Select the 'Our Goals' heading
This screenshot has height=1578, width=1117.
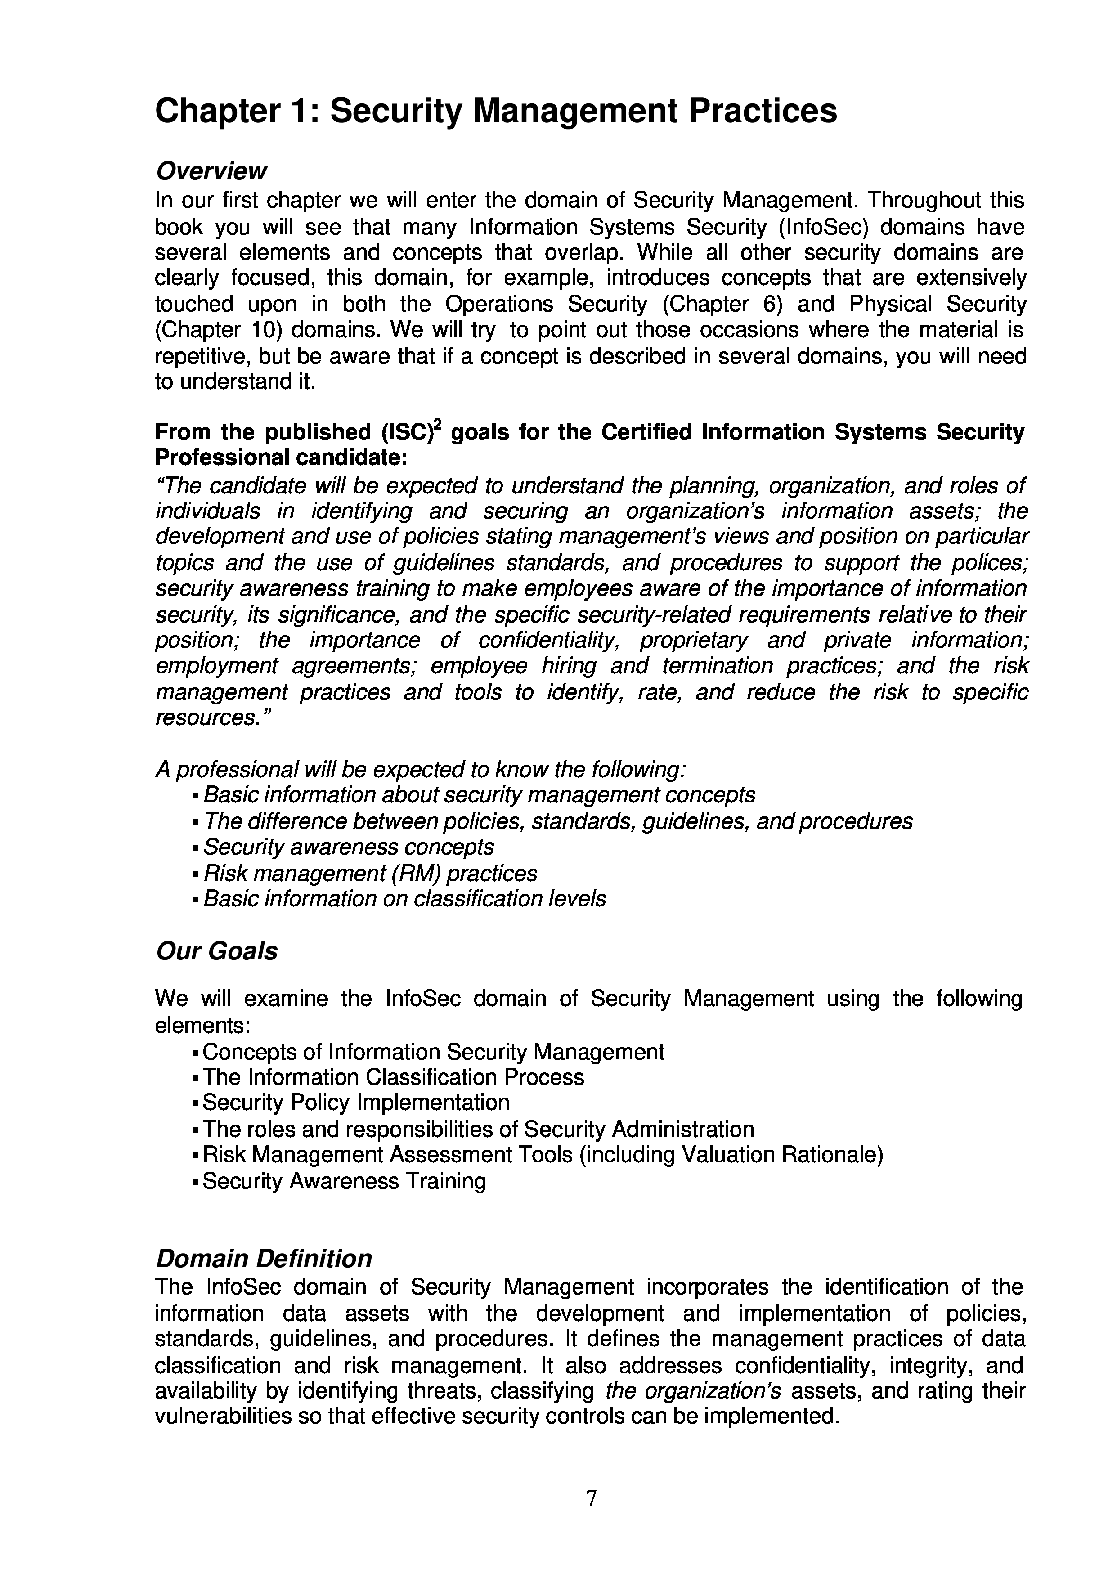217,951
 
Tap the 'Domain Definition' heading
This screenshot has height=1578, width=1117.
264,1258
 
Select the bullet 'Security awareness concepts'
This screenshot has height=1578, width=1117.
349,847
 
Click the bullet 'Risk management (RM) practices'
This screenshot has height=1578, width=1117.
370,873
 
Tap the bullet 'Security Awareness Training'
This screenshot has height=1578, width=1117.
344,1181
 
